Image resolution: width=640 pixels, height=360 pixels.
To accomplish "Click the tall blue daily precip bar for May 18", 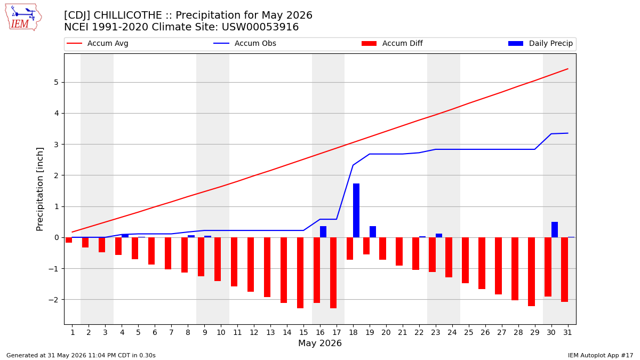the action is [356, 210].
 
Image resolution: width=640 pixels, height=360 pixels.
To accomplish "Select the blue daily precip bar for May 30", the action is [555, 229].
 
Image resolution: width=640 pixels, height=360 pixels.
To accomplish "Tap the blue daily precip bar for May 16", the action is [323, 231].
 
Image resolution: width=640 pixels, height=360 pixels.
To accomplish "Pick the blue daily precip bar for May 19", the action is [373, 231].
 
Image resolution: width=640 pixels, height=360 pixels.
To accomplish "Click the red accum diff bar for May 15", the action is [300, 273].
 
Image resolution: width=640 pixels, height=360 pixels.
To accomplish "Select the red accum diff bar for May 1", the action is [69, 240].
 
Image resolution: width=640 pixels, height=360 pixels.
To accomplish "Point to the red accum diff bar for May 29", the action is [531, 271].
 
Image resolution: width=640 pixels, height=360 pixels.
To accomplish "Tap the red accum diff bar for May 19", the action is [366, 246].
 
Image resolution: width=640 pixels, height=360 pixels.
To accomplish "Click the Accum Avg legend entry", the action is [98, 43].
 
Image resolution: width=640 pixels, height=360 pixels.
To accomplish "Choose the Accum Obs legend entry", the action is [245, 43].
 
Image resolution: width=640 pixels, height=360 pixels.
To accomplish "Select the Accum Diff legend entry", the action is [392, 43].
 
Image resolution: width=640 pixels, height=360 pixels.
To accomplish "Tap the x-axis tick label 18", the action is [354, 333].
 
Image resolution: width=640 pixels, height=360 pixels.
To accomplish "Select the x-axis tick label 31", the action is [567, 333].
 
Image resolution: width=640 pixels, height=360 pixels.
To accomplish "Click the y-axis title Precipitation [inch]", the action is [39, 189].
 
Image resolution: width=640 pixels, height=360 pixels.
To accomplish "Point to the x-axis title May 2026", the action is [320, 343].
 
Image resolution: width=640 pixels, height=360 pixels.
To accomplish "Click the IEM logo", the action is [23, 17].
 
